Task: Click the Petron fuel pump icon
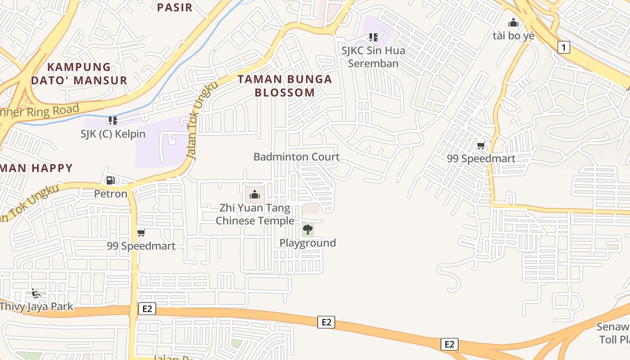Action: pyautogui.click(x=110, y=180)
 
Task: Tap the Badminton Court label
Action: pyautogui.click(x=296, y=157)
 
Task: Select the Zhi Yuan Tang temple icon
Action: pyautogui.click(x=255, y=194)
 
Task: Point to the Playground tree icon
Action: pyautogui.click(x=308, y=229)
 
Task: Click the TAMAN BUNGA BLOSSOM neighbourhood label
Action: pyautogui.click(x=284, y=86)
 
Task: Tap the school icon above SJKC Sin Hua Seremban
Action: pyautogui.click(x=373, y=37)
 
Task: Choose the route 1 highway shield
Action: pyautogui.click(x=563, y=47)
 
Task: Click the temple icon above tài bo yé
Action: pyautogui.click(x=513, y=22)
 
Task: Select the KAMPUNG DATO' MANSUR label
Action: pyautogui.click(x=79, y=74)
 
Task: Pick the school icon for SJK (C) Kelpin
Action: pyautogui.click(x=112, y=120)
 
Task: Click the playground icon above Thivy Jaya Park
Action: pyautogui.click(x=36, y=293)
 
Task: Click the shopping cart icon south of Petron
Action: pyautogui.click(x=141, y=233)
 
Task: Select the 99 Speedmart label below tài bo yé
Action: pyautogui.click(x=481, y=158)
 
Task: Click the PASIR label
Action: pyautogui.click(x=175, y=7)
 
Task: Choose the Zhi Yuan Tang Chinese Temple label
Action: pyautogui.click(x=255, y=215)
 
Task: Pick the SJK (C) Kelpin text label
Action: pyautogui.click(x=113, y=134)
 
